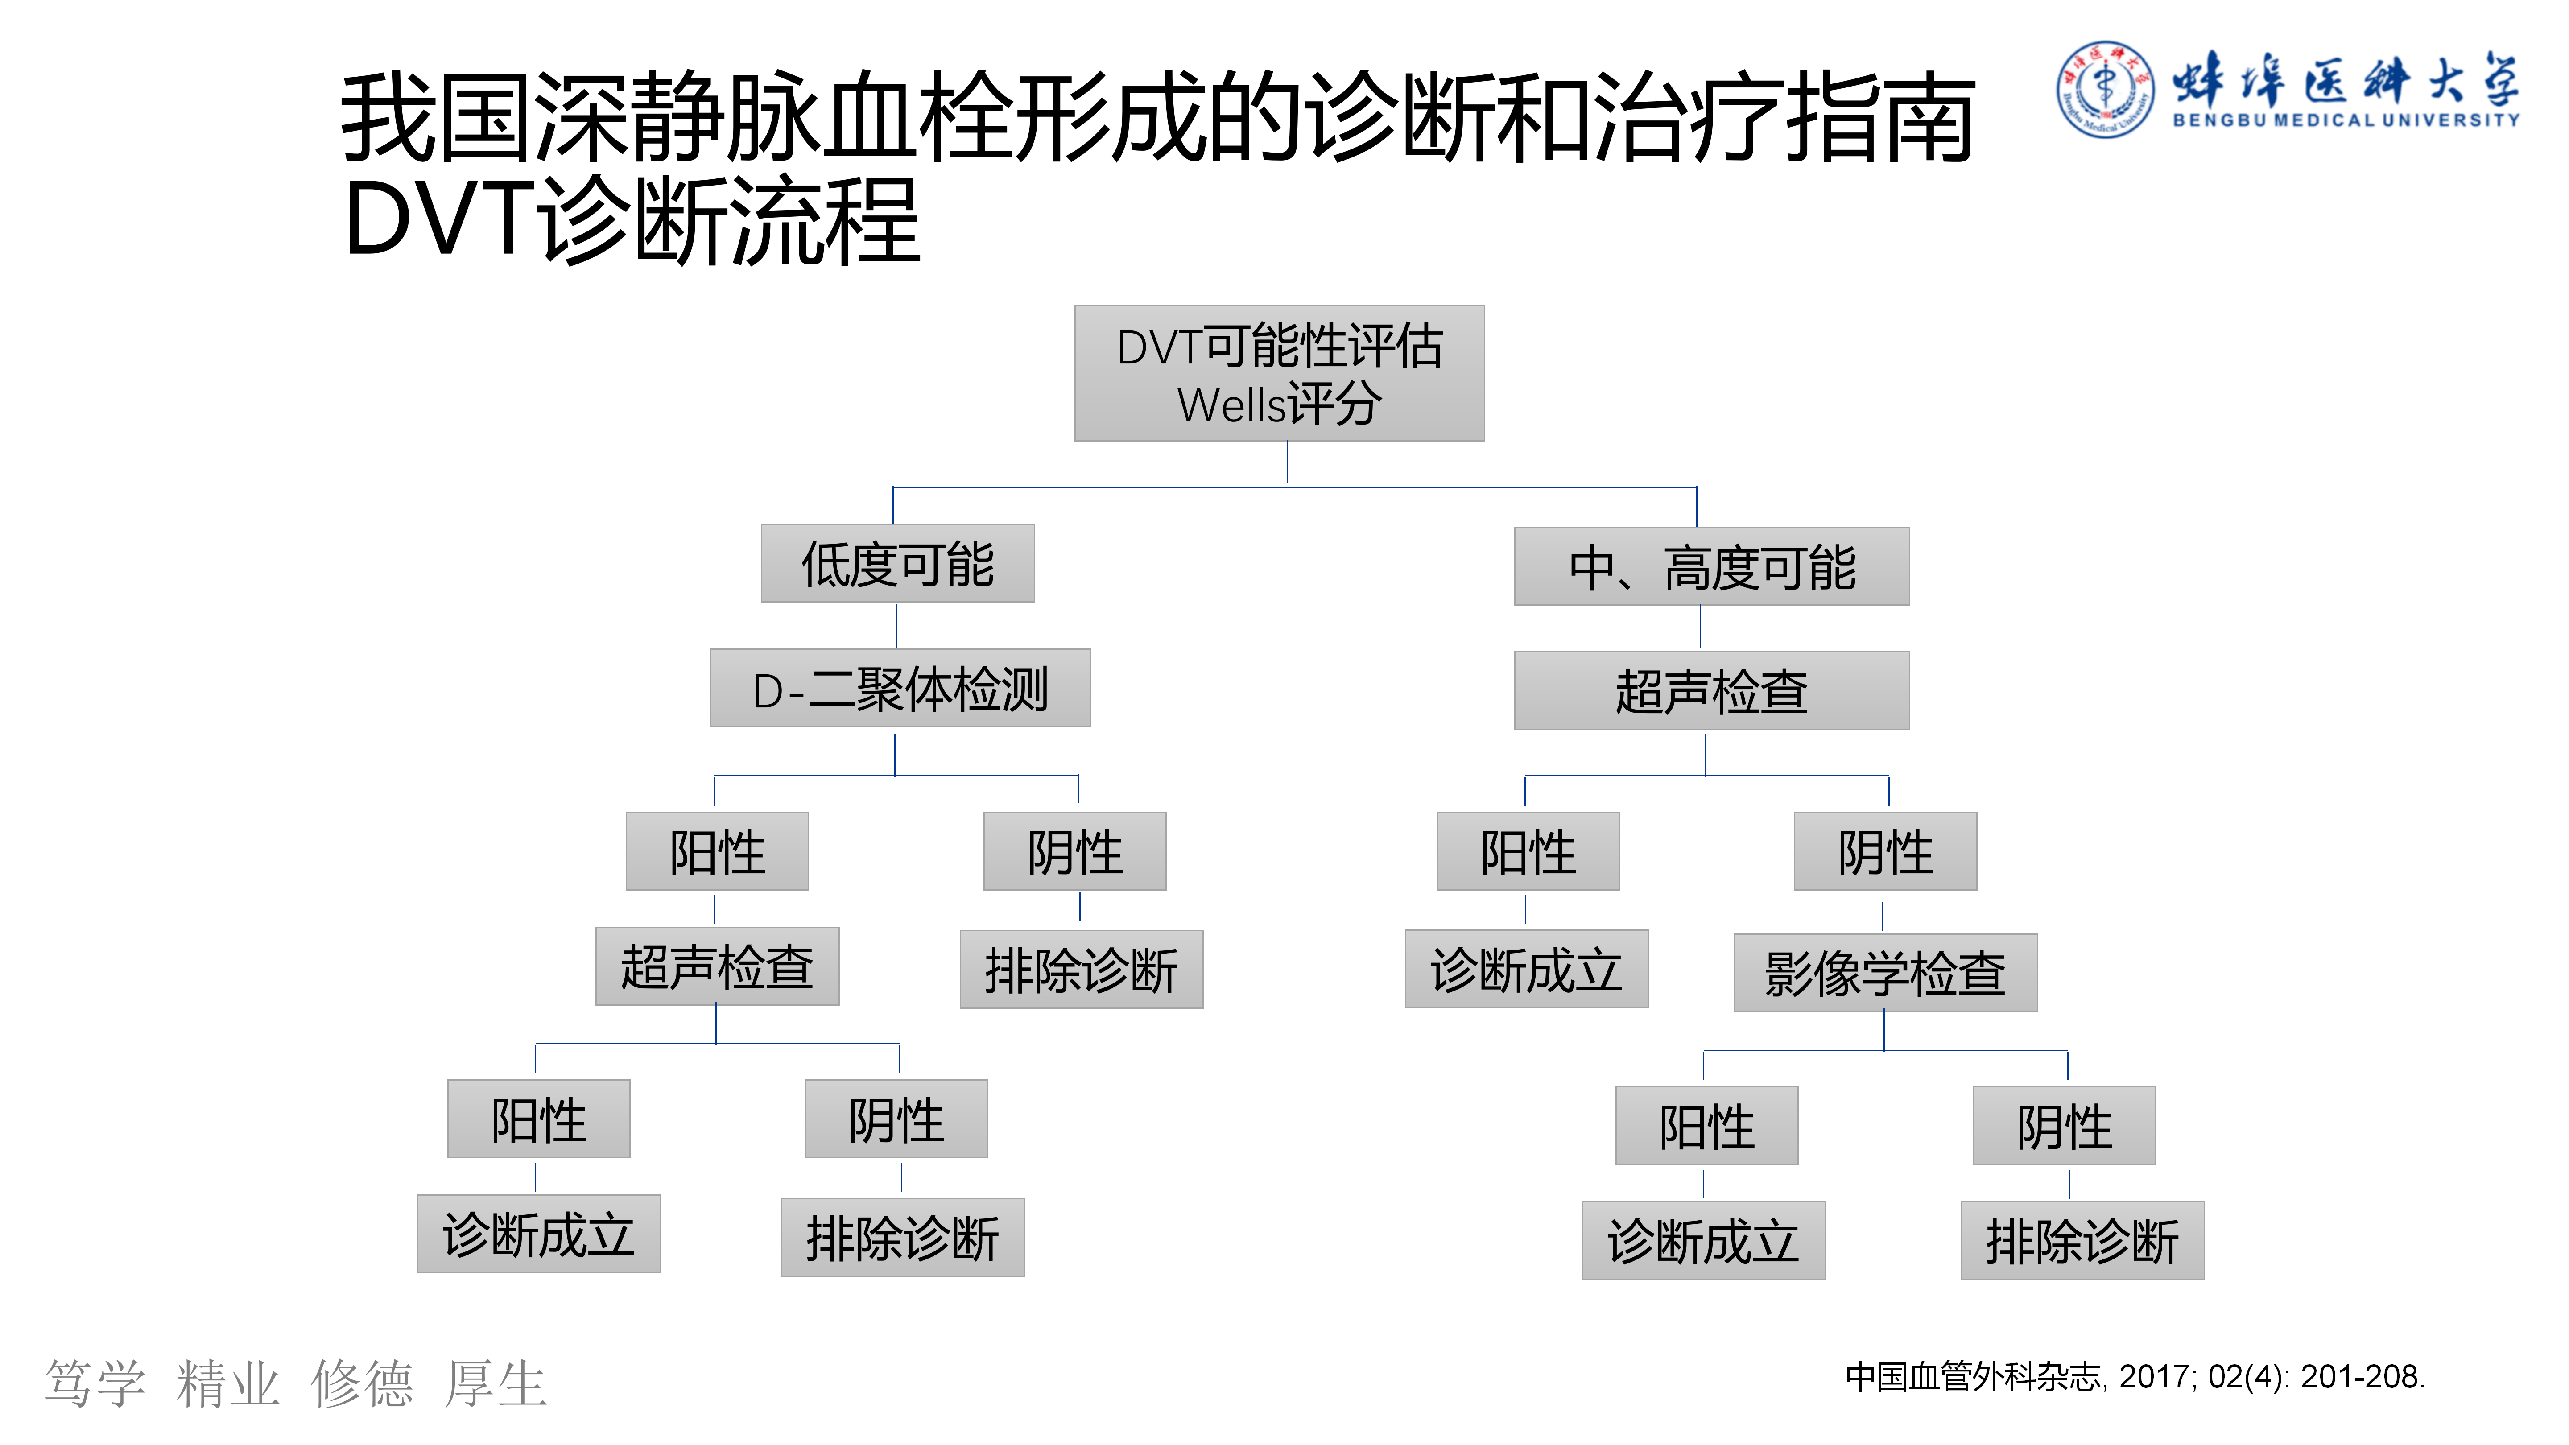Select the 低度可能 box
(897, 563)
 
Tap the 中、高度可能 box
(1711, 566)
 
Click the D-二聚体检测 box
(900, 688)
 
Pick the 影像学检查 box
(1885, 973)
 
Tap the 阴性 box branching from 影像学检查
(2065, 1126)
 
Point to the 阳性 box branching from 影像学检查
(1706, 1126)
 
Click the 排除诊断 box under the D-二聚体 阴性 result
(1081, 969)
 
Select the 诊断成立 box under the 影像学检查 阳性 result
(1703, 1241)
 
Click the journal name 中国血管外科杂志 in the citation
(1973, 1377)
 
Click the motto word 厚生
(496, 1384)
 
